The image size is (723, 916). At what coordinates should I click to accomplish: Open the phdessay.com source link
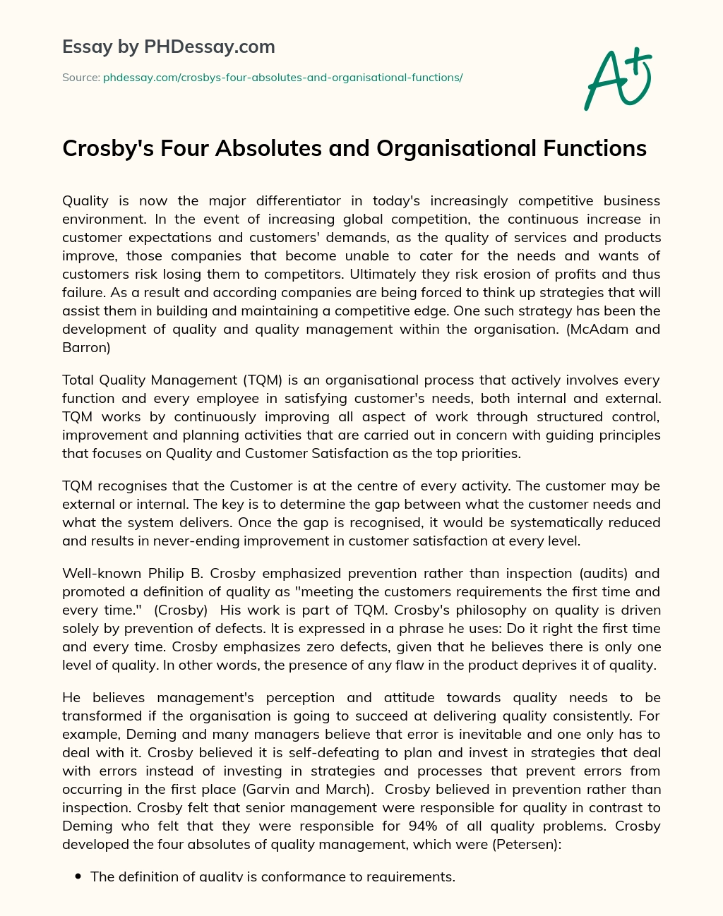click(x=282, y=78)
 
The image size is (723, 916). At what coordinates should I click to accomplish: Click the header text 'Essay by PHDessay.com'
click(x=169, y=47)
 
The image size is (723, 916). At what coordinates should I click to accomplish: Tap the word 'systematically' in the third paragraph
click(x=538, y=523)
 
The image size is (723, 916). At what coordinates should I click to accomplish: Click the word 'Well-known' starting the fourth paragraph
click(x=102, y=574)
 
